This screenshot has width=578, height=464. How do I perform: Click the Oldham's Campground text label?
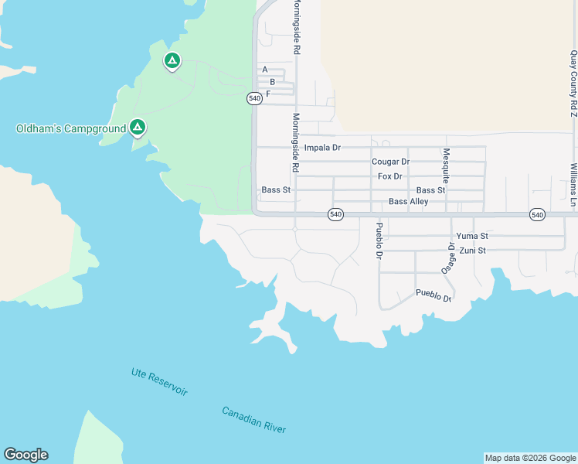pyautogui.click(x=71, y=128)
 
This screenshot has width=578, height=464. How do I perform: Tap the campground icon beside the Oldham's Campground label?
pyautogui.click(x=138, y=126)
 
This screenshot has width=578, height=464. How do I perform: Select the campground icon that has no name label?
pyautogui.click(x=172, y=60)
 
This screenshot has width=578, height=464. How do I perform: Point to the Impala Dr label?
pyautogui.click(x=322, y=147)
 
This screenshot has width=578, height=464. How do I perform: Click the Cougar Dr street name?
pyautogui.click(x=390, y=162)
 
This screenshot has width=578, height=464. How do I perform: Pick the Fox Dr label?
pyautogui.click(x=390, y=176)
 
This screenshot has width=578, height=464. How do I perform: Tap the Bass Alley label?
pyautogui.click(x=408, y=202)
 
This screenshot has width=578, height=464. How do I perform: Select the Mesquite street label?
pyautogui.click(x=446, y=164)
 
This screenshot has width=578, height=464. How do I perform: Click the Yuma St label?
pyautogui.click(x=472, y=236)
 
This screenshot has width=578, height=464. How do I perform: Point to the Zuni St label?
pyautogui.click(x=472, y=251)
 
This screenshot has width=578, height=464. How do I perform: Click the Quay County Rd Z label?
pyautogui.click(x=573, y=84)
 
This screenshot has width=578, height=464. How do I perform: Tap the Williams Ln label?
pyautogui.click(x=573, y=185)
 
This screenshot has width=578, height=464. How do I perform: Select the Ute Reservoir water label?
pyautogui.click(x=159, y=383)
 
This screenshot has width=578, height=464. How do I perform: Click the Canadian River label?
pyautogui.click(x=254, y=420)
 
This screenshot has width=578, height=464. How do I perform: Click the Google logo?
pyautogui.click(x=25, y=455)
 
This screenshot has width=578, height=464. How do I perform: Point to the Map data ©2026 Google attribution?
pyautogui.click(x=530, y=458)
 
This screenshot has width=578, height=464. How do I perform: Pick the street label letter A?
pyautogui.click(x=265, y=69)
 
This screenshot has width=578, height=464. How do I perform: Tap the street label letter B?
pyautogui.click(x=272, y=81)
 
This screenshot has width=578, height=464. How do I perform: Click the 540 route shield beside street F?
pyautogui.click(x=255, y=98)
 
